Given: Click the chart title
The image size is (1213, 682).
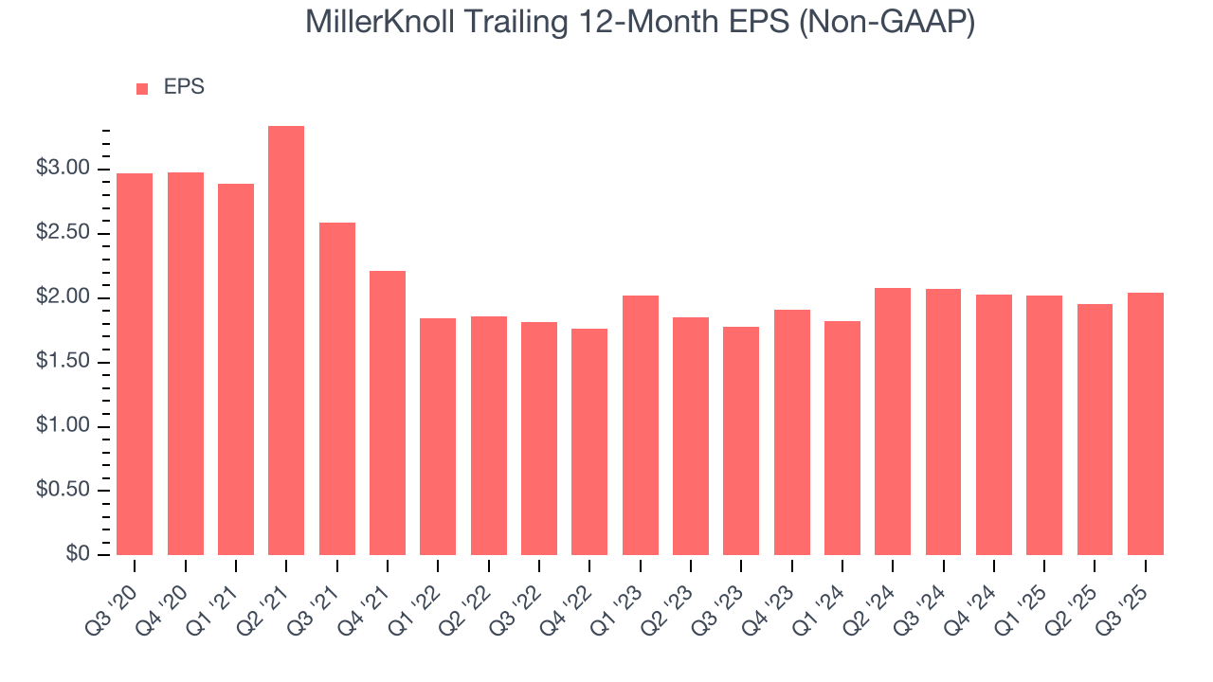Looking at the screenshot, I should [x=640, y=23].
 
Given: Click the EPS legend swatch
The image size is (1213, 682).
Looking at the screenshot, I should [x=142, y=89].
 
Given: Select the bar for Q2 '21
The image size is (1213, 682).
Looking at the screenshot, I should [x=286, y=340].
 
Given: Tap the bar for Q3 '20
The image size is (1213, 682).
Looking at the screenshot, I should [x=135, y=364].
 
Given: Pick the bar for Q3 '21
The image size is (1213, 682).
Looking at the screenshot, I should [x=337, y=388].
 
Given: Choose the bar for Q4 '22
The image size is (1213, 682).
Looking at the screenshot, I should [x=589, y=441].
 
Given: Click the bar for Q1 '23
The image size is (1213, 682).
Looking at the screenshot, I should [x=641, y=425].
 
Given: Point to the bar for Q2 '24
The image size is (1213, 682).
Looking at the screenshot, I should [x=893, y=422].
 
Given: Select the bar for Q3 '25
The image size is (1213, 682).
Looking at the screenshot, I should [x=1146, y=423].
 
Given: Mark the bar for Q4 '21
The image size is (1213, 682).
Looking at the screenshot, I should [x=388, y=413].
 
